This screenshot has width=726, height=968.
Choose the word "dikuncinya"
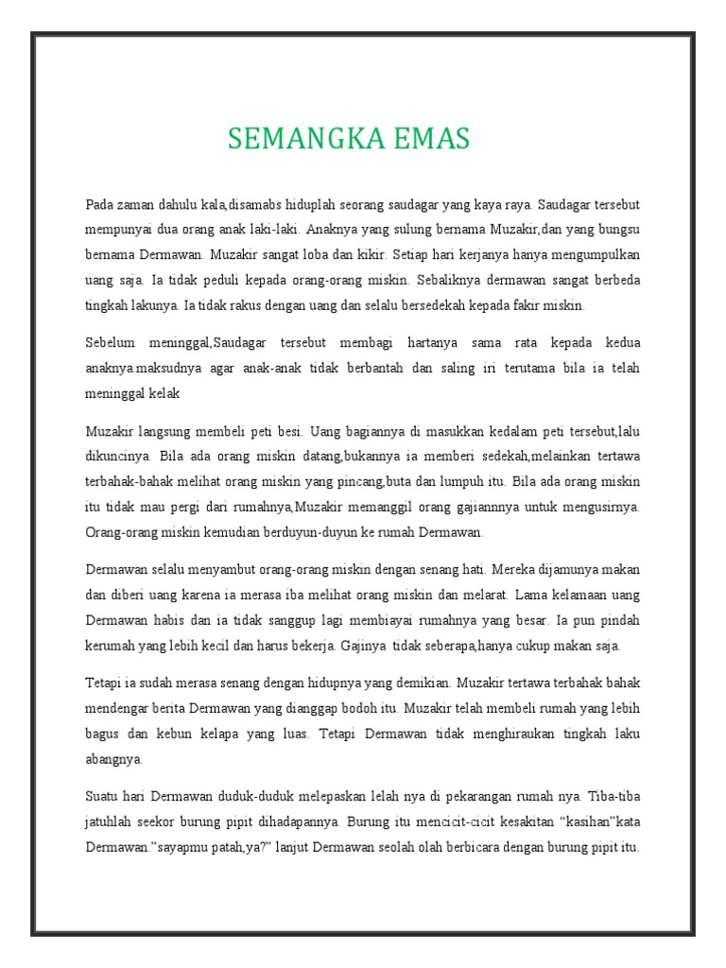[115, 456]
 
